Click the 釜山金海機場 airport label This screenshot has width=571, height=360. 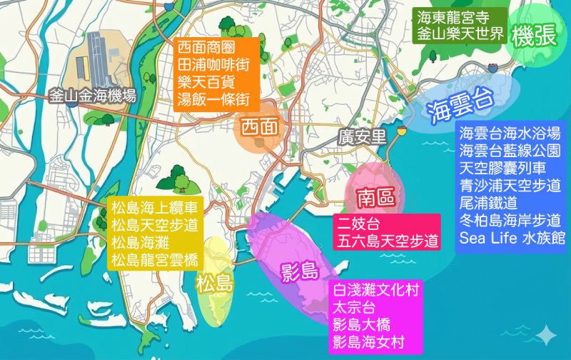(x=93, y=96)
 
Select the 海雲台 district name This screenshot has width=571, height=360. (x=461, y=108)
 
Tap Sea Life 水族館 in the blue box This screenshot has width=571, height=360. (x=512, y=238)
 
